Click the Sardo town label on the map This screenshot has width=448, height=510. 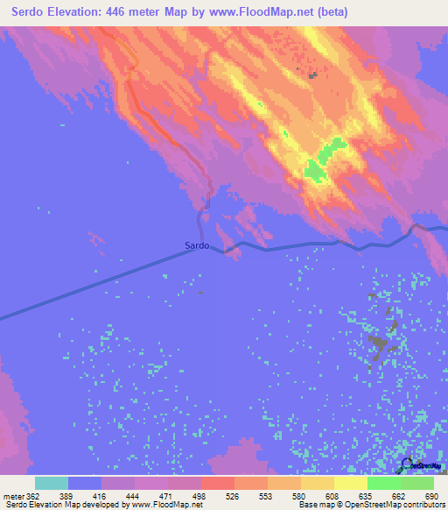tap(197, 246)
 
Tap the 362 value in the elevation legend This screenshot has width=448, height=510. tap(31, 497)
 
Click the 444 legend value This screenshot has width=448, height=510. tap(134, 497)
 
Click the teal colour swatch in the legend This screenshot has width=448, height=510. tap(52, 483)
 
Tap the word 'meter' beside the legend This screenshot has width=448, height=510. tap(11, 497)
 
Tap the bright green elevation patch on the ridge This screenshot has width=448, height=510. tap(323, 161)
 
